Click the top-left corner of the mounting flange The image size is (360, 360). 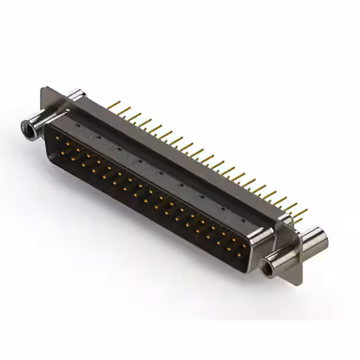click(x=44, y=88)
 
